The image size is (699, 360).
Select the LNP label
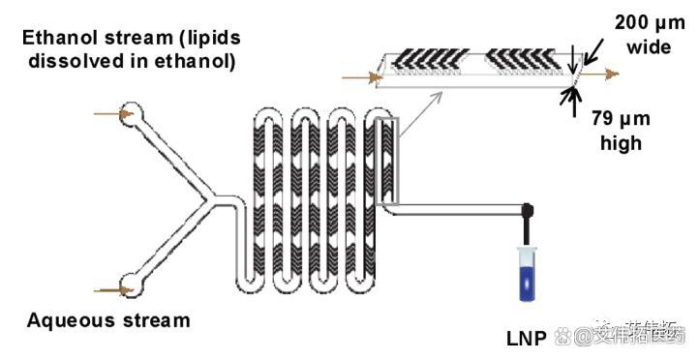(x=526, y=338)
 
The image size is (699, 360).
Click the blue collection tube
(x=530, y=275)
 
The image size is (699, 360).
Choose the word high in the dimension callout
(x=621, y=143)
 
